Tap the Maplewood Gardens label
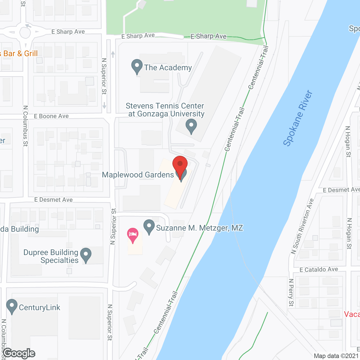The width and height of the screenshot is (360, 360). [138, 175]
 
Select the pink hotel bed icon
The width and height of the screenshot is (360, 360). [133, 235]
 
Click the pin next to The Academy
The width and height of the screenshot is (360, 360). [137, 66]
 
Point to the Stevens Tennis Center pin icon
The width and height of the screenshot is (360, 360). [191, 126]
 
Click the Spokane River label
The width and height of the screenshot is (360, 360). [298, 118]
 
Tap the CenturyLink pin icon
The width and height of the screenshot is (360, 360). [12, 306]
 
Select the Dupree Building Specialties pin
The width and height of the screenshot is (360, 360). [86, 255]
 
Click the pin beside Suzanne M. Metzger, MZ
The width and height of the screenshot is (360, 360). [149, 226]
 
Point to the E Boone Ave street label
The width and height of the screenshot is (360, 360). [51, 116]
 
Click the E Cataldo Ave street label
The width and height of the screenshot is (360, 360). [319, 269]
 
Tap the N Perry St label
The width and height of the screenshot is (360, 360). [291, 292]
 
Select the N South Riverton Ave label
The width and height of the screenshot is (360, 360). [302, 226]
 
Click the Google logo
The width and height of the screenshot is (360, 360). [19, 353]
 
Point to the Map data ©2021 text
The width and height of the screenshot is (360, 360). [336, 356]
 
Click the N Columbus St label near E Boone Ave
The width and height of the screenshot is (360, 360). [26, 126]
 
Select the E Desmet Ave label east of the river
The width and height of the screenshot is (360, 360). [341, 190]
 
